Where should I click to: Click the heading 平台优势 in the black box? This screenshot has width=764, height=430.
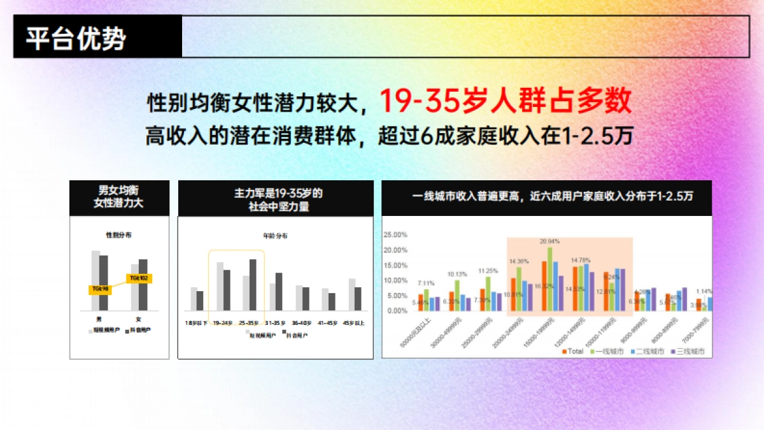pos(76,39)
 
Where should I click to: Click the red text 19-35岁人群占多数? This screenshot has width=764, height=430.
pos(505,100)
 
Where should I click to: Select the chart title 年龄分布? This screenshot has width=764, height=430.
pos(275,236)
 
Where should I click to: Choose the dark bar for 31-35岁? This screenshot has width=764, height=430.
pos(278,291)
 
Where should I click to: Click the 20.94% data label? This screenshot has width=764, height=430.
pos(549,242)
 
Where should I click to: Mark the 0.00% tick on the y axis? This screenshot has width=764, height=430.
pos(396,311)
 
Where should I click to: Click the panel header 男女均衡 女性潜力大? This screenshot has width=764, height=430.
pos(119,198)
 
